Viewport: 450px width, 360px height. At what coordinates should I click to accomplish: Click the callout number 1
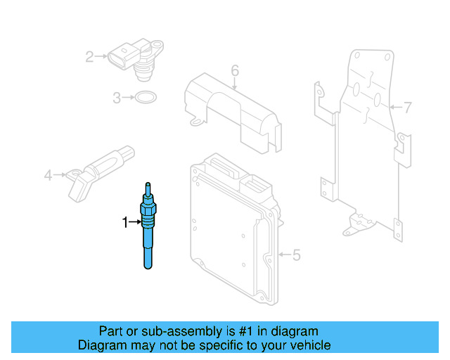pos(126,223)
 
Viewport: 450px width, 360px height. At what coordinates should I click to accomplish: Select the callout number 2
pos(89,56)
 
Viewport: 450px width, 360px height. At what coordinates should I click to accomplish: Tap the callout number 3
pos(117,98)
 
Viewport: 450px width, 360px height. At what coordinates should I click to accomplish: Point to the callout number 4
pos(48,175)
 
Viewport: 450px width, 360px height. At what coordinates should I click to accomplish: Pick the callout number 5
pos(296,255)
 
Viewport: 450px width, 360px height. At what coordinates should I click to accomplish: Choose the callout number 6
pos(235,70)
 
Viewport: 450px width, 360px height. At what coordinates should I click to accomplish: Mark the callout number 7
pos(408,108)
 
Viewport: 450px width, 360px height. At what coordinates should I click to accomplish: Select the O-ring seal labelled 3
pos(146,98)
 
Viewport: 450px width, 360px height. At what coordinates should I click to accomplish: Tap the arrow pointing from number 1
pos(136,223)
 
